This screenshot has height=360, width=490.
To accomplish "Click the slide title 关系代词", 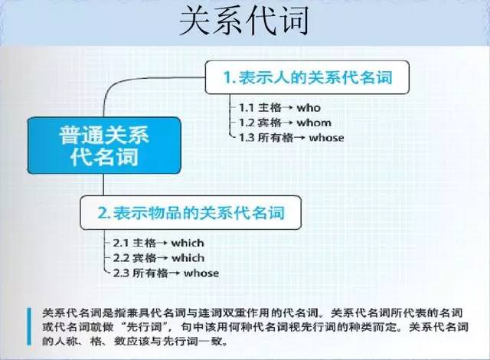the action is (x=244, y=21).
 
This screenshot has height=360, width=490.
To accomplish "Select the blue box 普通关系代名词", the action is (x=104, y=146).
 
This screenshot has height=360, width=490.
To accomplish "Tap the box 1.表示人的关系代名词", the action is (x=307, y=77).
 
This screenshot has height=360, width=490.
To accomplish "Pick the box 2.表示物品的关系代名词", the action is (x=191, y=213).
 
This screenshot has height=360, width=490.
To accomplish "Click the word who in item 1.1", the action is (x=309, y=108).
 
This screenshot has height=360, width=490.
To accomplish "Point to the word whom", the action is (x=314, y=123).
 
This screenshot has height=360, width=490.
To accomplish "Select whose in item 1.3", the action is (x=326, y=138).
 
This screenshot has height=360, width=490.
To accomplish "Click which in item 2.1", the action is (x=188, y=243).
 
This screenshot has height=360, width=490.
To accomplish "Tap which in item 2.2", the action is (x=188, y=258).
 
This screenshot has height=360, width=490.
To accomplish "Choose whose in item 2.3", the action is (x=201, y=273).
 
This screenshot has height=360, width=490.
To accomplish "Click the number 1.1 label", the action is (x=246, y=108).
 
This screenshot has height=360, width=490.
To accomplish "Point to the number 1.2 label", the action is (x=246, y=123).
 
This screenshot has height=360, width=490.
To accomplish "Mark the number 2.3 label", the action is (x=121, y=273).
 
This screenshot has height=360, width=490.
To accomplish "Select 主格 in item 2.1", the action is (x=145, y=243).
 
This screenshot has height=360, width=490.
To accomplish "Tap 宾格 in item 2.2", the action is (x=145, y=258).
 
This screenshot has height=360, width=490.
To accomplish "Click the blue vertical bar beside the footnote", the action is (x=29, y=326).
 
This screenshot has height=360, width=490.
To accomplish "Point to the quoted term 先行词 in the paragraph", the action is (x=145, y=327).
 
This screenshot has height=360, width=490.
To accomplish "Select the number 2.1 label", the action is (x=121, y=243).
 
